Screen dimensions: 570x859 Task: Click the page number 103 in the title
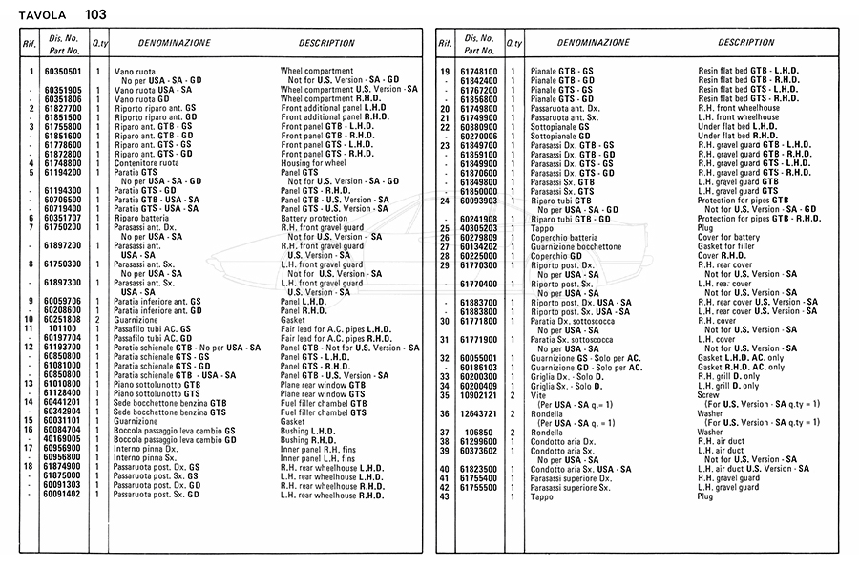pyautogui.click(x=95, y=14)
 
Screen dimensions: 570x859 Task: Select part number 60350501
pyautogui.click(x=64, y=72)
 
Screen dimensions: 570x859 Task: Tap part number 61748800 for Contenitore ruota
pyautogui.click(x=64, y=163)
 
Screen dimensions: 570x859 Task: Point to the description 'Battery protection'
pyautogui.click(x=315, y=218)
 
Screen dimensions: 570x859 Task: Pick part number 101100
pyautogui.click(x=64, y=327)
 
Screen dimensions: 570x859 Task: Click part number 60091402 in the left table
pyautogui.click(x=64, y=495)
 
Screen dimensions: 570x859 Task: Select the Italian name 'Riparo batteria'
pyautogui.click(x=143, y=218)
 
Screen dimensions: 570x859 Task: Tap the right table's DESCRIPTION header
pyautogui.click(x=746, y=43)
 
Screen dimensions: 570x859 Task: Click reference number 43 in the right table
pyautogui.click(x=444, y=496)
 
